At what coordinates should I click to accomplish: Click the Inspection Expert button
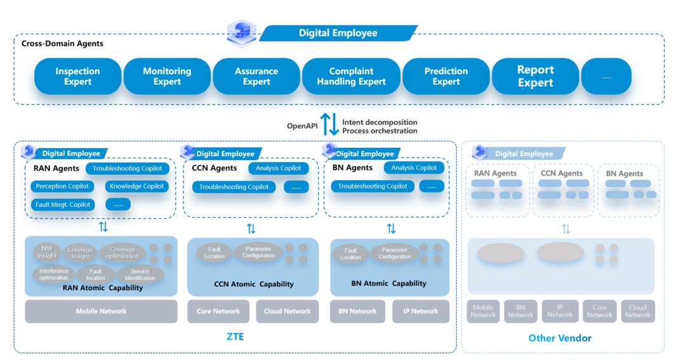pyautogui.click(x=77, y=77)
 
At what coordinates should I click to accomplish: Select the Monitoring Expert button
pyautogui.click(x=167, y=77)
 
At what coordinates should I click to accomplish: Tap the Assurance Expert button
pyautogui.click(x=256, y=77)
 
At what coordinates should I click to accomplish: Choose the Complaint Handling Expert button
pyautogui.click(x=351, y=77)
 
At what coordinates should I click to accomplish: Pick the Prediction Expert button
pyautogui.click(x=446, y=77)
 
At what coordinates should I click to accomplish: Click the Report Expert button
pyautogui.click(x=535, y=77)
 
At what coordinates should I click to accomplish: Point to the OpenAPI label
pyautogui.click(x=302, y=126)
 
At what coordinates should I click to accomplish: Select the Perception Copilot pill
pyautogui.click(x=62, y=187)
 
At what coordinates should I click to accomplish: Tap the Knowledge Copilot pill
pyautogui.click(x=136, y=187)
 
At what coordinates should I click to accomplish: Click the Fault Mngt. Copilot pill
pyautogui.click(x=63, y=204)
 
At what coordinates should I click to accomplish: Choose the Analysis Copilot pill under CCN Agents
pyautogui.click(x=279, y=168)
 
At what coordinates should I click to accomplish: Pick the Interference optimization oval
pyautogui.click(x=53, y=274)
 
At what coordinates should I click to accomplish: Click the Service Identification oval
pyautogui.click(x=140, y=274)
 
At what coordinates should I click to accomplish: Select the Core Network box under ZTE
pyautogui.click(x=218, y=311)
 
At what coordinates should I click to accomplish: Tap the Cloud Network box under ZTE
pyautogui.click(x=288, y=311)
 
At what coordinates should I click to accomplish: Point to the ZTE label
pyautogui.click(x=235, y=337)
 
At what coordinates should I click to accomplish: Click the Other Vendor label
pyautogui.click(x=560, y=338)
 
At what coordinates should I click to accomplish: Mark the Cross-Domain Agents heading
pyautogui.click(x=62, y=44)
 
